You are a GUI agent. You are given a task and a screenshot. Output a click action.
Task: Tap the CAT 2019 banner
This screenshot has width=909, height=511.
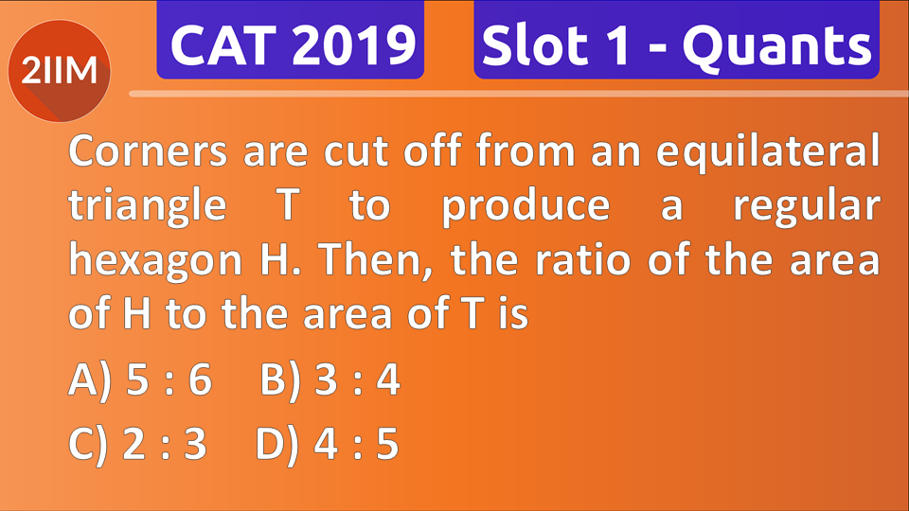290,44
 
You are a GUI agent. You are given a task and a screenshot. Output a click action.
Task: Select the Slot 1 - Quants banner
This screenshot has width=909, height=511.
676,44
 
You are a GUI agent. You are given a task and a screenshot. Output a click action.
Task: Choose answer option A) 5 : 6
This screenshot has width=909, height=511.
140,382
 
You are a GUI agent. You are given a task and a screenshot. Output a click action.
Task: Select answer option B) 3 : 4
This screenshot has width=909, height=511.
330,382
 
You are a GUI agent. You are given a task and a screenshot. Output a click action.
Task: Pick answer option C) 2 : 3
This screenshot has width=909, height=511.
138,443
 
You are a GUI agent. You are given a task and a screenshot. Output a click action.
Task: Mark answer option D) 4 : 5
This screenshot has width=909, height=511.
328,443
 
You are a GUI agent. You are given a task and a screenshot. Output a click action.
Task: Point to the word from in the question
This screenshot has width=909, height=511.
530,152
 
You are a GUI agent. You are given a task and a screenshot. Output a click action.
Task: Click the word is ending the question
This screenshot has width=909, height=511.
512,314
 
